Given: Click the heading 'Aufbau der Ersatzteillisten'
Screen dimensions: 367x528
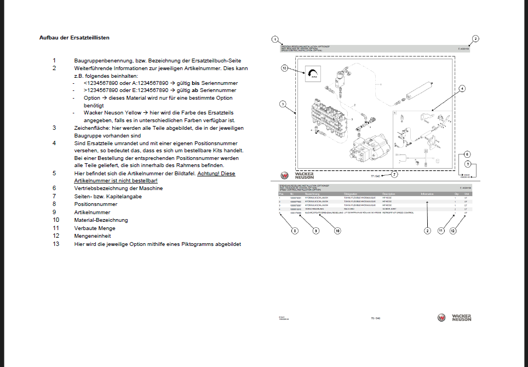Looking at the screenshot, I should coord(74,38).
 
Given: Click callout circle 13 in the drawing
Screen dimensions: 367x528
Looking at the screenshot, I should coord(284,68).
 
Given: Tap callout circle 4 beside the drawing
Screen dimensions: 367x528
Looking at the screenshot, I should coord(462,88).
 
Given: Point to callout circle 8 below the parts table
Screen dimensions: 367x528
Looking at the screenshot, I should coord(295,231).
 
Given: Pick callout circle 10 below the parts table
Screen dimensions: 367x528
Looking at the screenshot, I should coord(337,231).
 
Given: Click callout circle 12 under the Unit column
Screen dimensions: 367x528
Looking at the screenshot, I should coord(453,231).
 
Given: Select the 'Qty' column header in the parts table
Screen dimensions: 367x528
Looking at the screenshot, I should coord(455,194).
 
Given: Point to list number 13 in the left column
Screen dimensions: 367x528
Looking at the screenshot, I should coord(55,244).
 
